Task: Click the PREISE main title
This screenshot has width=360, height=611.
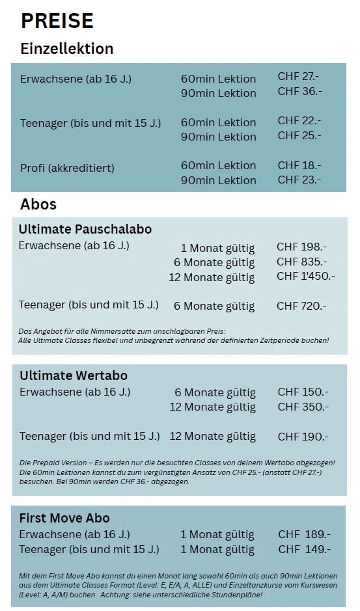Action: click(57, 21)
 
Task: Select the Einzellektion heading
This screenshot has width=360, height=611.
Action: click(67, 49)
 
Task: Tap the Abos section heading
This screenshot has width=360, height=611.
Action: click(38, 204)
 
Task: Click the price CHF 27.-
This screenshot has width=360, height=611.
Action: click(298, 77)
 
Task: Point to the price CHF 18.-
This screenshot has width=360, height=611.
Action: click(299, 165)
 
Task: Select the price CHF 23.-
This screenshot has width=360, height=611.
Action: click(299, 180)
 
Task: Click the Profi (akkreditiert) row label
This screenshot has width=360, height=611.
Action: click(67, 168)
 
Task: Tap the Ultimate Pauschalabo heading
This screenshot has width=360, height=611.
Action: click(85, 229)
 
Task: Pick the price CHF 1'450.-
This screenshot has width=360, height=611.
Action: click(305, 276)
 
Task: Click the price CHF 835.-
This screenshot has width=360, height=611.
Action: click(301, 262)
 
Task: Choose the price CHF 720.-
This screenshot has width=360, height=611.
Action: click(301, 306)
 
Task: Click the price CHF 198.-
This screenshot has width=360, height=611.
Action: click(301, 247)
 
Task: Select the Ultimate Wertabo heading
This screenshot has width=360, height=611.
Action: click(74, 375)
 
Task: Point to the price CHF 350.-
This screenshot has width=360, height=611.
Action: click(303, 407)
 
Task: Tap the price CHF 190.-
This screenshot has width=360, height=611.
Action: click(303, 437)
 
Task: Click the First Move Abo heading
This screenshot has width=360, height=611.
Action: click(64, 518)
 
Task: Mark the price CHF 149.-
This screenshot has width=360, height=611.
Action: click(304, 549)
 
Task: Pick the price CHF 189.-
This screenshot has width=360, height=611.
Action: click(304, 534)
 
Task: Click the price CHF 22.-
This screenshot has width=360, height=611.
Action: click(299, 121)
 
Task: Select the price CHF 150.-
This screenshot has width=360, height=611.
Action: click(303, 392)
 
